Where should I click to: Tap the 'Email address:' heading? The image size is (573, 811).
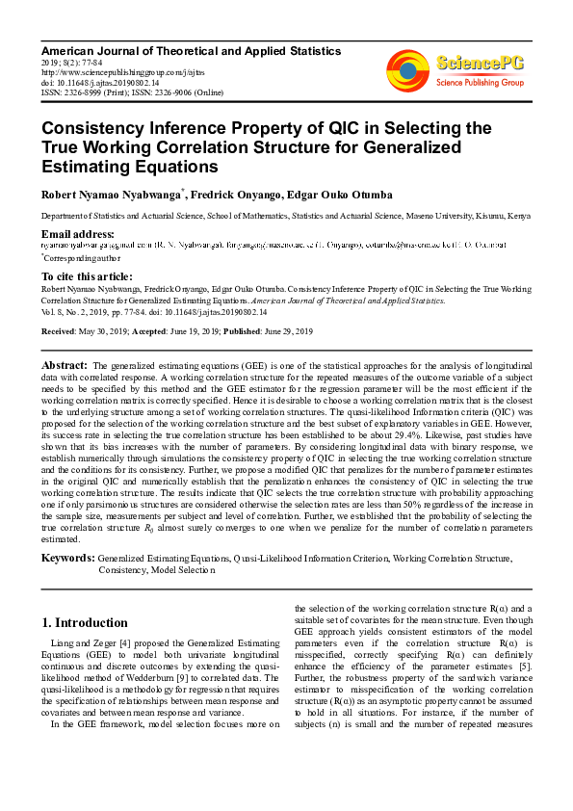[x=77, y=234]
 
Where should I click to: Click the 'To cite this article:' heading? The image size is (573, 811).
[x=88, y=275]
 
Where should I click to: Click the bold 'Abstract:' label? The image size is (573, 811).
[x=65, y=366]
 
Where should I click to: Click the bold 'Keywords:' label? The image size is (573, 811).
[x=67, y=558]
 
